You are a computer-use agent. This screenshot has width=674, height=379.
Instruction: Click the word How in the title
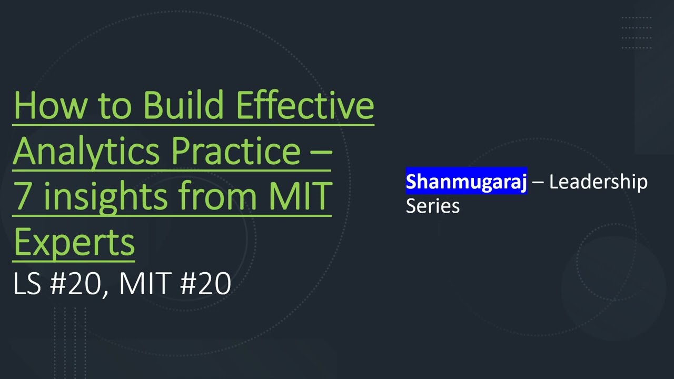[x=48, y=105]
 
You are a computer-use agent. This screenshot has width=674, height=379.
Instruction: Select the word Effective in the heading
[x=305, y=105]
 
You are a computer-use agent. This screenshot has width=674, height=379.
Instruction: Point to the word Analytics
[x=87, y=152]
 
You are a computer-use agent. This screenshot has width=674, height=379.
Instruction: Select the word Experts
[x=74, y=242]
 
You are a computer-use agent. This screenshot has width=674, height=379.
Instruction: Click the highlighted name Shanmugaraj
[x=466, y=182]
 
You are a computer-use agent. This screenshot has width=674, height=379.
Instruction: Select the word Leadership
[x=598, y=182]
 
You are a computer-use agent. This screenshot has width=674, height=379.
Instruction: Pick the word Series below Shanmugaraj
[x=432, y=205]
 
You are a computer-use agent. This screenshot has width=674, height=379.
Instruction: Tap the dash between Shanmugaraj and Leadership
[x=538, y=182]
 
